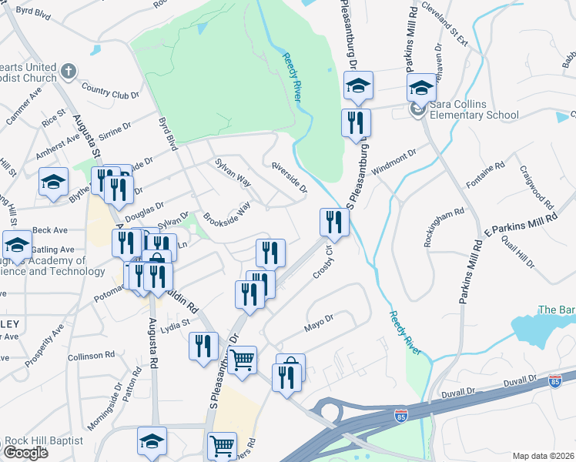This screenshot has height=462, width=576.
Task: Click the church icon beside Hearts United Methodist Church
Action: click(69, 72)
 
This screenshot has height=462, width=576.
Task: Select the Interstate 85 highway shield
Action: click(555, 381)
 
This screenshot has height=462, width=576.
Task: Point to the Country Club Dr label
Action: click(110, 91)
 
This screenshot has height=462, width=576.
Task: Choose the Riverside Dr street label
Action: click(289, 177)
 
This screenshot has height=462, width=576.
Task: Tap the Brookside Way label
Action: click(226, 215)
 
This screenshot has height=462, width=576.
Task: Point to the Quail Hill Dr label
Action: click(517, 253)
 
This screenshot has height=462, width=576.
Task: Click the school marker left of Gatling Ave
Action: click(17, 245)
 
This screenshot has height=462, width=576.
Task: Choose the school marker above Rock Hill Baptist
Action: click(152, 440)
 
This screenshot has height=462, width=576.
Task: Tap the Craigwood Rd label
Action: click(536, 188)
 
